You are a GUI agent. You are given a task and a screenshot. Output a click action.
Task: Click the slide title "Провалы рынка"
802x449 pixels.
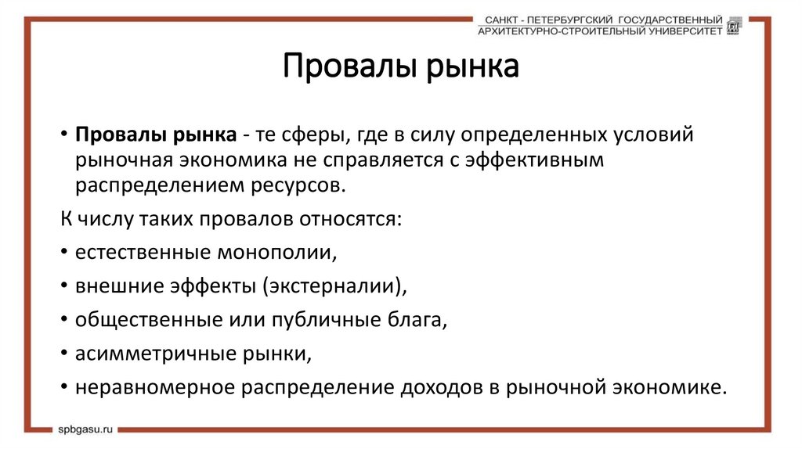click(x=400, y=67)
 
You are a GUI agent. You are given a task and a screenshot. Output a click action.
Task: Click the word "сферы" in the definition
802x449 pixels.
click(x=309, y=135)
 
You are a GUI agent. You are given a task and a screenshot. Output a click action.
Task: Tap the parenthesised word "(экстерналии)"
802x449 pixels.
click(x=334, y=286)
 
